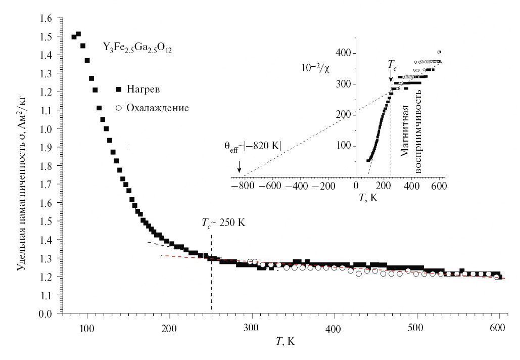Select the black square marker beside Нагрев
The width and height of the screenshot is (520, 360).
point(119,89)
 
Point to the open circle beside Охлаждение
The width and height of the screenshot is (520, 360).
point(119,108)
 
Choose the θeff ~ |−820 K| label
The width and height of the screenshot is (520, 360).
point(252,146)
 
